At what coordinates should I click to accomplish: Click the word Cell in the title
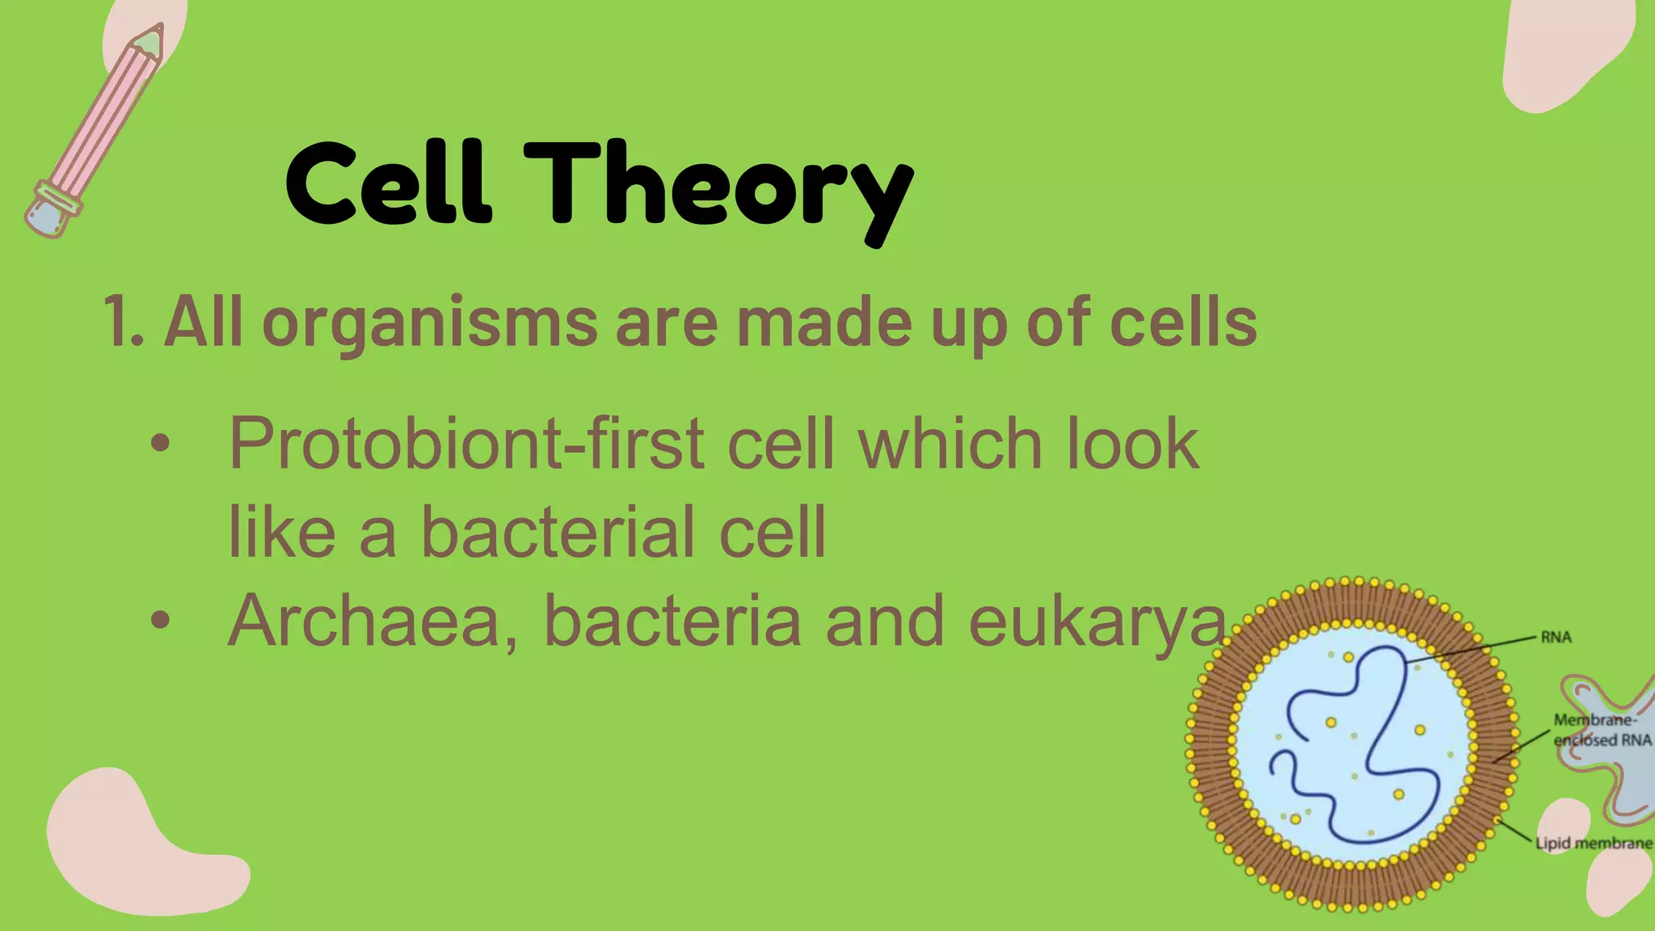388,184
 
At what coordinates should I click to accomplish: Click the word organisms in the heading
429,323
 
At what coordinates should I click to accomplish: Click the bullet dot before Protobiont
160,443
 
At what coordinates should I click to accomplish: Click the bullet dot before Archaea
160,621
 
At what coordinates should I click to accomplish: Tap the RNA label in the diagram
1555,637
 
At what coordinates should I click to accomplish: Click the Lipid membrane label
1593,843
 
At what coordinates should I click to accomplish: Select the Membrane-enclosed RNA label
1601,730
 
